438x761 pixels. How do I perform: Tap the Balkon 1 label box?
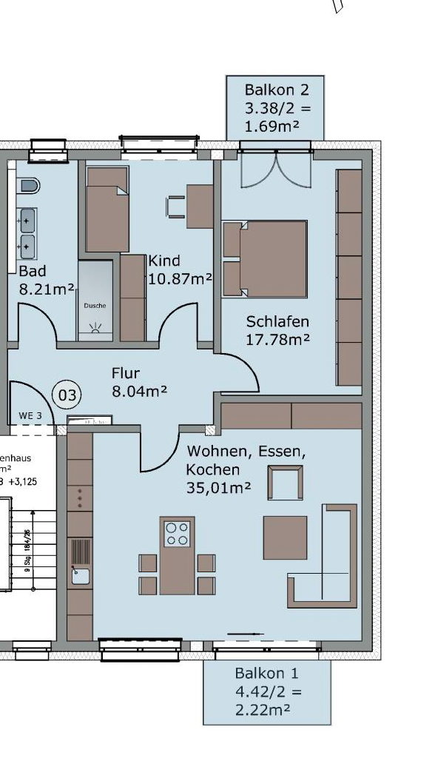[266, 692]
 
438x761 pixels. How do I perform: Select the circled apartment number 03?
[67, 395]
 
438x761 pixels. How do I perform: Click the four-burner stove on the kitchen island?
[177, 534]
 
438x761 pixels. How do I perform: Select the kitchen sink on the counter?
[80, 574]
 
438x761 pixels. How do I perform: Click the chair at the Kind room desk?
[176, 207]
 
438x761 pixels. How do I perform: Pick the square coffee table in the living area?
[285, 537]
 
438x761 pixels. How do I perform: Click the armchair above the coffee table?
[285, 483]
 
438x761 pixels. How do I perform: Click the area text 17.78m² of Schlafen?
[277, 339]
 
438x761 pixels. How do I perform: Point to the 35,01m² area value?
[218, 488]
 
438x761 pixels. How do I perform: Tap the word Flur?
[126, 373]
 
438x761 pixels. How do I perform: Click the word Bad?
[33, 272]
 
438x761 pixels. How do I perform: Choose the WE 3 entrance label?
[29, 416]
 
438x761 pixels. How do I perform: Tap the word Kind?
[164, 261]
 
